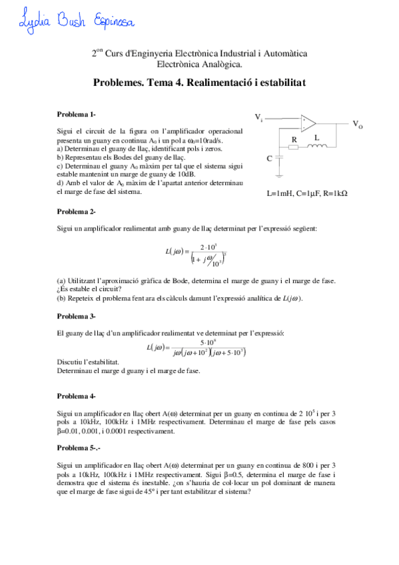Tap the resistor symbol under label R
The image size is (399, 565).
pos(293,148)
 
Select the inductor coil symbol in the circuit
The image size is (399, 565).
pos(317,147)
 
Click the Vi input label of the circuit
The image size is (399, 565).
pos(258,117)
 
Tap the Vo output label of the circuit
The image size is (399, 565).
pos(357,124)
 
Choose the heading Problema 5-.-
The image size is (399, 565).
pos(79,448)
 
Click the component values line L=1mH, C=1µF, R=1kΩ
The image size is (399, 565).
pos(307,193)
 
